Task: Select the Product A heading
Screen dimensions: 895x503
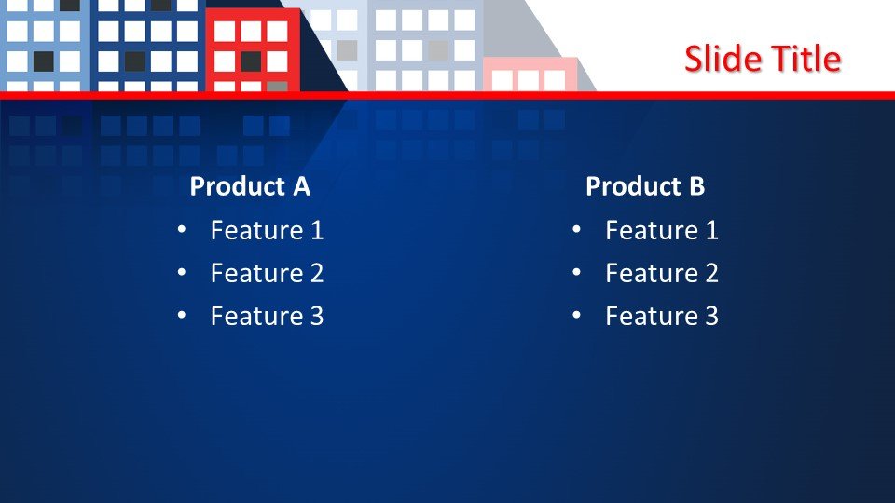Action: point(250,186)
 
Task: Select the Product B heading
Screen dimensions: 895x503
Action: point(645,186)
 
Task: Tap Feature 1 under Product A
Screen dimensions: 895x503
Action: point(268,230)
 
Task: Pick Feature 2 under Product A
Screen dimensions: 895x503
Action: point(268,273)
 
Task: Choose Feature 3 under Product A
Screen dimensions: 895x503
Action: point(268,316)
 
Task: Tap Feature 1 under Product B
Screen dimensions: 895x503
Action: point(662,230)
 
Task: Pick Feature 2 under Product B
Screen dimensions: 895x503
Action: point(662,273)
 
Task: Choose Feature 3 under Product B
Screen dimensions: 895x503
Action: point(662,316)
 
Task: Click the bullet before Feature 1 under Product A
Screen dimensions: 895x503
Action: point(182,230)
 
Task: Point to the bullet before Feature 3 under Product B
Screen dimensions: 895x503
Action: point(576,316)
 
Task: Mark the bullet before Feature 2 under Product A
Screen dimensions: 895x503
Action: point(182,273)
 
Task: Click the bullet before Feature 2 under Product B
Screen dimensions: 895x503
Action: point(576,273)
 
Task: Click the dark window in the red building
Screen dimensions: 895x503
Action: point(251,61)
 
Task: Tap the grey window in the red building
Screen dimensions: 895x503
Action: point(278,86)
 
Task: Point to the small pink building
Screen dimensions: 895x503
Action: point(530,75)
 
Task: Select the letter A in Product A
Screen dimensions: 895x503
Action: point(302,186)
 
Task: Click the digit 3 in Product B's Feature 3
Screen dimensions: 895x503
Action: point(711,316)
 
